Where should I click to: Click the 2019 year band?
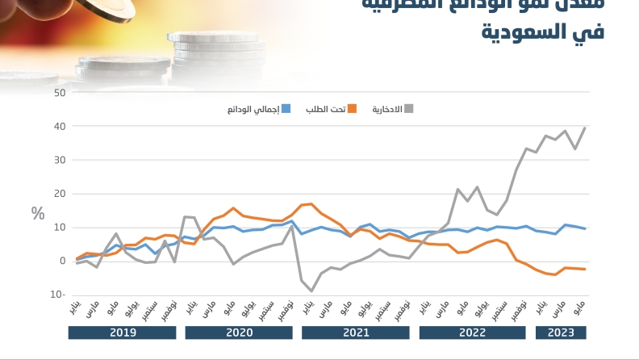click(123, 332)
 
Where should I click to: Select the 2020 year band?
click(240, 332)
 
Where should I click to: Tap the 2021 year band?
click(356, 332)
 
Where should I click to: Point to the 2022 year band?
click(473, 332)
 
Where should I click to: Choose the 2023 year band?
click(561, 332)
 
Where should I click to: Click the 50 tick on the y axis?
click(60, 92)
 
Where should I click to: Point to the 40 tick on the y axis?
click(60, 126)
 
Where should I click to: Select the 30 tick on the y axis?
click(60, 160)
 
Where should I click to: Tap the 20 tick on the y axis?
click(60, 194)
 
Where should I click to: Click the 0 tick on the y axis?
click(62, 261)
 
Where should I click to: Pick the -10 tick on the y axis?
click(58, 295)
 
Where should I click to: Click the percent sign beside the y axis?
click(38, 214)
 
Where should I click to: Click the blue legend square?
click(286, 109)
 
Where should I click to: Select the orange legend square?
click(352, 109)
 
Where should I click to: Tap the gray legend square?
click(408, 109)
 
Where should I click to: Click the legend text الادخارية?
click(386, 109)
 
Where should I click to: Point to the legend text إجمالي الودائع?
click(253, 109)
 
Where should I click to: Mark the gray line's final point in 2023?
click(584, 128)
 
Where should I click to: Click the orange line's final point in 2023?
click(584, 269)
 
